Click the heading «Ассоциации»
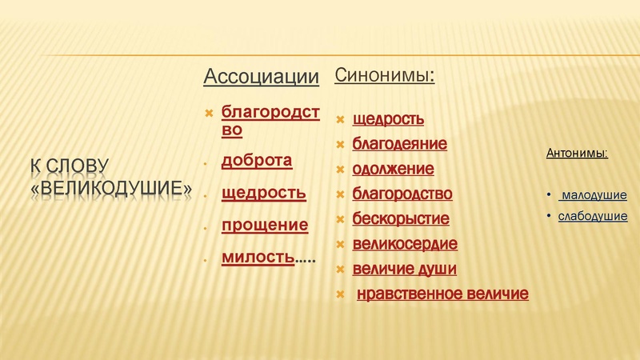point(261,77)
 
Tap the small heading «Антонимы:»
point(576,152)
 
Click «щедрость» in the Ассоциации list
point(263,193)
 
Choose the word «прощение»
point(264,225)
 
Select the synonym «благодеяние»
point(399,144)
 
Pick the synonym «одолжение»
point(393,169)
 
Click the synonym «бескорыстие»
point(401,218)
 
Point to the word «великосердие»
point(405,243)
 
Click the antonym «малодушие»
point(594,195)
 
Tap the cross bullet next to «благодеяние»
point(340,145)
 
